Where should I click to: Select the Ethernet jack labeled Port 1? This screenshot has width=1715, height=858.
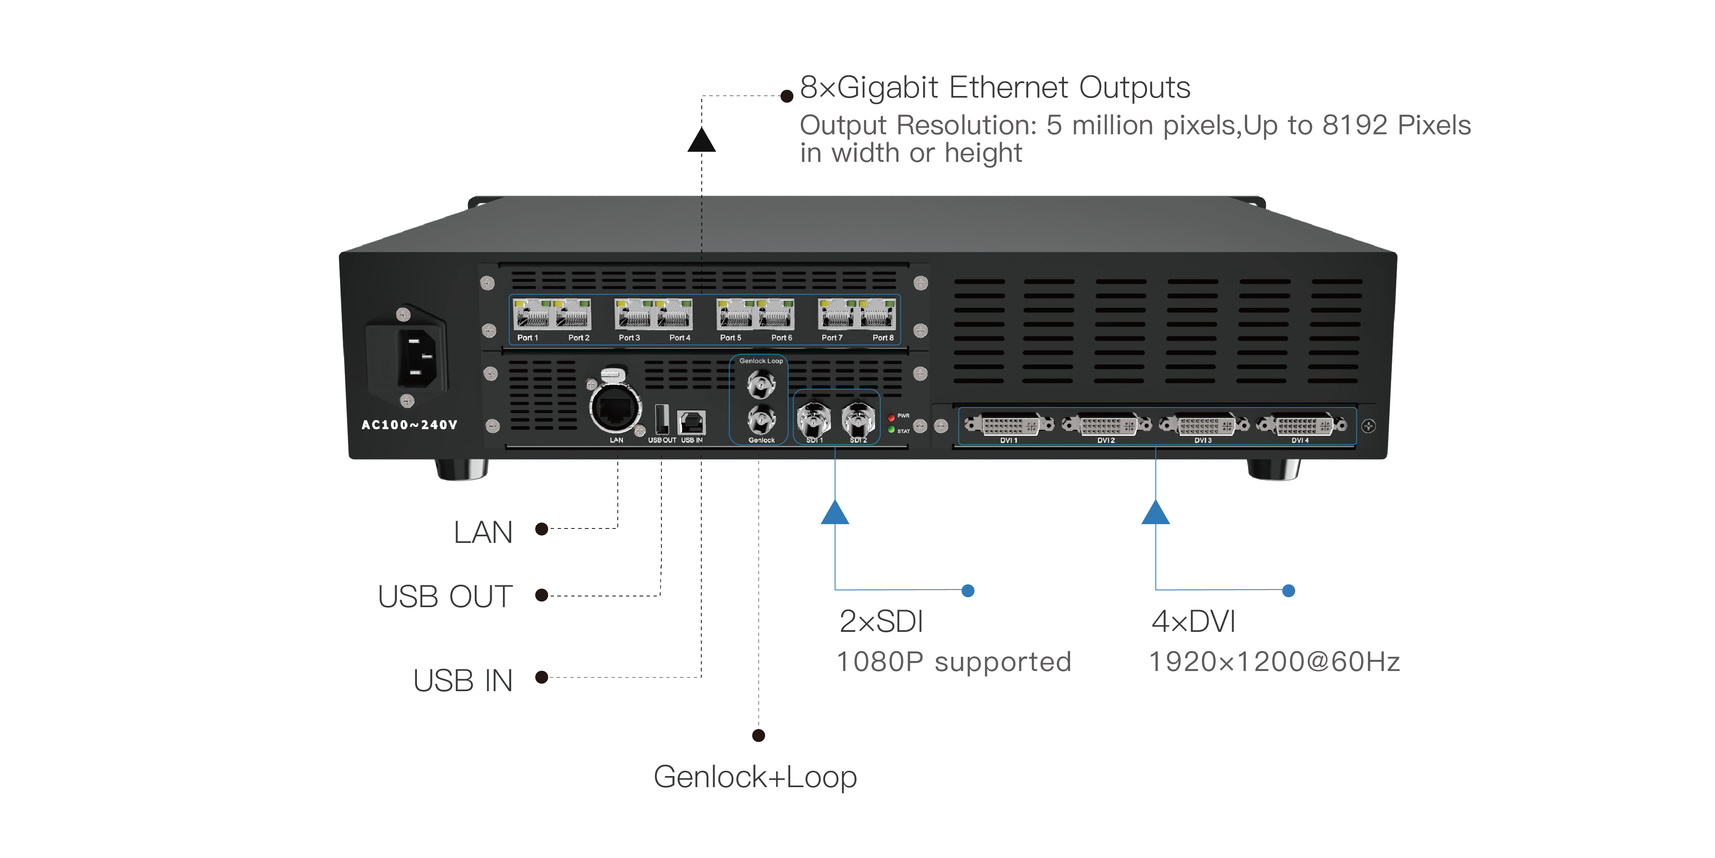pos(531,314)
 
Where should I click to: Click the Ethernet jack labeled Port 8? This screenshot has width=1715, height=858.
pos(877,314)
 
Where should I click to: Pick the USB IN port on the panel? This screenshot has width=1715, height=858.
pos(692,422)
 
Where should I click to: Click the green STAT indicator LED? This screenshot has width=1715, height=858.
pos(891,430)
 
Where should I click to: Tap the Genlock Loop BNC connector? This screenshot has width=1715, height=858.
pos(761,384)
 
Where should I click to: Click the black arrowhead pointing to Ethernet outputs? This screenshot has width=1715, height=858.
pos(702,140)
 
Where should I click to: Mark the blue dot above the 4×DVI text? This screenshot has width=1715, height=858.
pos(1289,591)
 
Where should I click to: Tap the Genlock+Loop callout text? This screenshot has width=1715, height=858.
pos(755,777)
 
